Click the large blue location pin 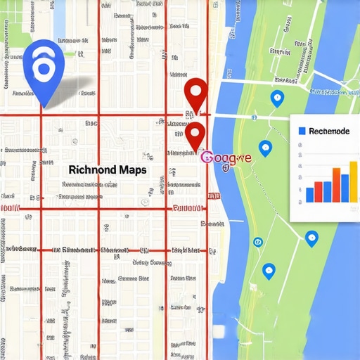tap(44, 67)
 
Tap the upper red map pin tap(195, 93)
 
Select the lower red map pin tap(195, 133)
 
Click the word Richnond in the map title tap(94, 169)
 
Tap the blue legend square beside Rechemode tap(302, 131)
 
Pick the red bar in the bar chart tap(319, 191)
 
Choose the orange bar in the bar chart tap(335, 184)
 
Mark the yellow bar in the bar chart tap(354, 181)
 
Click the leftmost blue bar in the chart tap(310, 194)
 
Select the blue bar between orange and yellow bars tap(345, 186)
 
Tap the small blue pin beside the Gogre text tap(265, 148)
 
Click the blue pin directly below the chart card tap(312, 239)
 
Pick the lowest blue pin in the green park tap(268, 270)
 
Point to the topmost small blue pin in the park tap(277, 98)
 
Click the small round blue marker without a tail tap(257, 242)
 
